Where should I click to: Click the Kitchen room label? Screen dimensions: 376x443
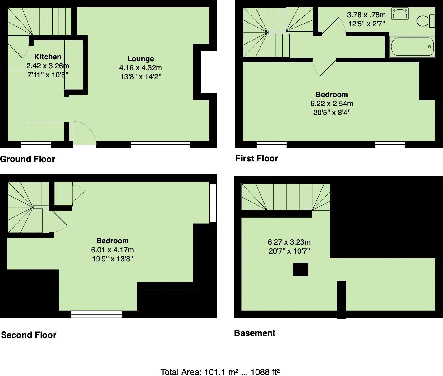pos(48,57)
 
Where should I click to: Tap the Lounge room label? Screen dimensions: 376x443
pos(140,59)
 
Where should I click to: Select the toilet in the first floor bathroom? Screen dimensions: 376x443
pos(426,21)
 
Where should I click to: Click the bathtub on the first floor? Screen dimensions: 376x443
pos(412,47)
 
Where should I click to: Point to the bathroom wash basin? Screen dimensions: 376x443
pos(400,14)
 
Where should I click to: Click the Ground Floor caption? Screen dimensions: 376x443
pos(28,159)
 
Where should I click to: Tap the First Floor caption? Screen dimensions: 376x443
pos(256,159)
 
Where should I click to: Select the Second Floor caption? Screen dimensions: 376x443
pos(28,335)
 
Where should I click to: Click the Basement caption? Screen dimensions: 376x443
pos(255,333)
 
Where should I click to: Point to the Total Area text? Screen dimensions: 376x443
pos(220,372)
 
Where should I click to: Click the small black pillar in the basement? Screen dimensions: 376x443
pos(300,269)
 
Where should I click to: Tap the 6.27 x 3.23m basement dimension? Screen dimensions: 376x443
pos(289,242)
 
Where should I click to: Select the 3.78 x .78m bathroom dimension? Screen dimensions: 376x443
pos(366,15)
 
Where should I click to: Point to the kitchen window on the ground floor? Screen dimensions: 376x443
pos(36,144)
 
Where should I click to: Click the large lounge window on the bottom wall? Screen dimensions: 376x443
pos(160,144)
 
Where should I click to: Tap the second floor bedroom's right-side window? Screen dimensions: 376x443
pos(213,203)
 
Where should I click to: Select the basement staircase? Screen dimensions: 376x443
pos(286,197)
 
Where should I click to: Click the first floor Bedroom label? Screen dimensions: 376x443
pos(332,95)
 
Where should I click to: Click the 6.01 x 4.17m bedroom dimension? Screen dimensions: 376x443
pos(112,250)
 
